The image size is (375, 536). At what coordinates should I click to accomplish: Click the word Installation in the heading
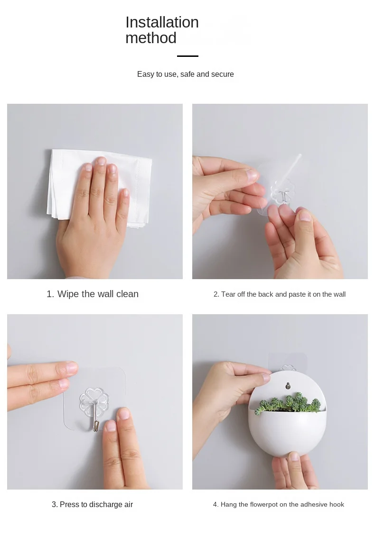click(162, 23)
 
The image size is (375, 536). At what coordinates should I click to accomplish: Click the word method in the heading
click(151, 38)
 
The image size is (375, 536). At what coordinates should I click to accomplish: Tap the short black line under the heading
click(187, 56)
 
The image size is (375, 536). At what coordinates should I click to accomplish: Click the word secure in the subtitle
click(222, 74)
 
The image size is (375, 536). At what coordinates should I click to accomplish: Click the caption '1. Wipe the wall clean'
click(93, 294)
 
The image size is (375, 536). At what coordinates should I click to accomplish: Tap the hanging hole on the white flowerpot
click(288, 386)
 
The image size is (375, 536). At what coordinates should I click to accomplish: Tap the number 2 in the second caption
click(216, 294)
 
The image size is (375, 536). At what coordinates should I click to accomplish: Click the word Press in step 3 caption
click(69, 505)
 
